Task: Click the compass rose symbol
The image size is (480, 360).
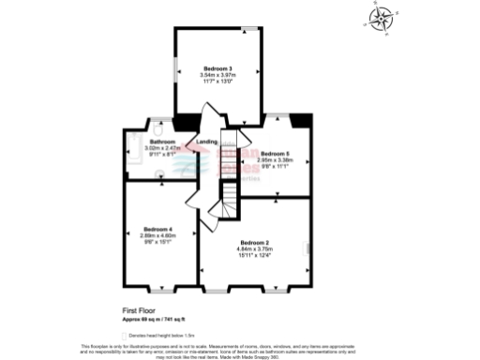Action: [381, 20]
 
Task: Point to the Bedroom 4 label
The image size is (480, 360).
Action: [157, 229]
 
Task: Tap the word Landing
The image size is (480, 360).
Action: [207, 142]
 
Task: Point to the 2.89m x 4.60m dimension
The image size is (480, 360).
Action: [157, 235]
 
